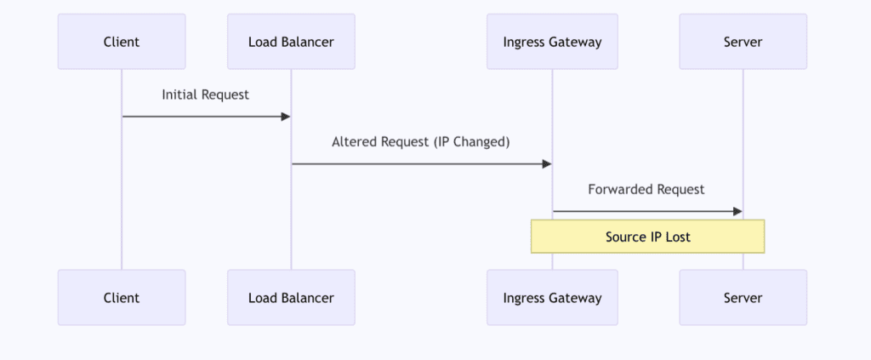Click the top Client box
pyautogui.click(x=122, y=42)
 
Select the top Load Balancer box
pyautogui.click(x=291, y=42)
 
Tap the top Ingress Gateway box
pyautogui.click(x=552, y=42)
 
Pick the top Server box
pyautogui.click(x=743, y=42)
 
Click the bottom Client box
pyautogui.click(x=122, y=298)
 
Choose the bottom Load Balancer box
pyautogui.click(x=291, y=298)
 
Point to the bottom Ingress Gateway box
pyautogui.click(x=552, y=298)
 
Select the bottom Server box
pyautogui.click(x=743, y=298)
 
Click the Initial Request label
pyautogui.click(x=206, y=94)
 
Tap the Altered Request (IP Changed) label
pyautogui.click(x=421, y=142)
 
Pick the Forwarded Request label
pyautogui.click(x=646, y=189)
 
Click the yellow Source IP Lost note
pyautogui.click(x=647, y=237)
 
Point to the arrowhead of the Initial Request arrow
pyautogui.click(x=286, y=117)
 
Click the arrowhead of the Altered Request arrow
pyautogui.click(x=547, y=163)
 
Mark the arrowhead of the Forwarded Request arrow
pyautogui.click(x=737, y=211)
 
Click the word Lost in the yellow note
pyautogui.click(x=677, y=237)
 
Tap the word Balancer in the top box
pyautogui.click(x=308, y=42)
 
